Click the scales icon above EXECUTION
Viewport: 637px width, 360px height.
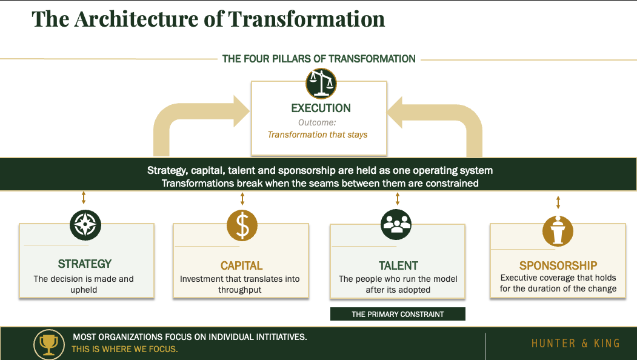pos(321,83)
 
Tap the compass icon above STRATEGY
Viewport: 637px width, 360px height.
pos(85,225)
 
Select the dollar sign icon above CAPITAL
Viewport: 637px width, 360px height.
pos(242,225)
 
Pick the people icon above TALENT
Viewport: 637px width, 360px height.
pos(396,224)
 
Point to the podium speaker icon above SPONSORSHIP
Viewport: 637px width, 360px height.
pos(558,230)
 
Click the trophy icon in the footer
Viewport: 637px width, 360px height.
pos(48,344)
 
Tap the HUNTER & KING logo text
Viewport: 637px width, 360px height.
pos(575,344)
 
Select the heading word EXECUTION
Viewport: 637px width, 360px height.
pos(321,108)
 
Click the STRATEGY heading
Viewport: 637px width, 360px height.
pos(85,264)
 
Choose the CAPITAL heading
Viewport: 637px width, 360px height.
pos(241,266)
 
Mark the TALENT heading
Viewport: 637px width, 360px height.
pos(398,265)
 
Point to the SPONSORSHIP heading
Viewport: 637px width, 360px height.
pos(558,265)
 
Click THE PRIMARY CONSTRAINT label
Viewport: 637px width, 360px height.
pos(398,315)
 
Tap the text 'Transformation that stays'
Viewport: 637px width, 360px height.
pos(318,135)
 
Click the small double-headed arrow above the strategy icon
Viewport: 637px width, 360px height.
pos(84,198)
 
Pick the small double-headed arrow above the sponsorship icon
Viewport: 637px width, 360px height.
pos(558,202)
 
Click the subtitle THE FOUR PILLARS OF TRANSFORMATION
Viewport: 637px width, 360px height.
pos(319,59)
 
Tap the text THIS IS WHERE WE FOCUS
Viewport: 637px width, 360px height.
pos(125,350)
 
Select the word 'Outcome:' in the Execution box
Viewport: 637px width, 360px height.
pos(317,122)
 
